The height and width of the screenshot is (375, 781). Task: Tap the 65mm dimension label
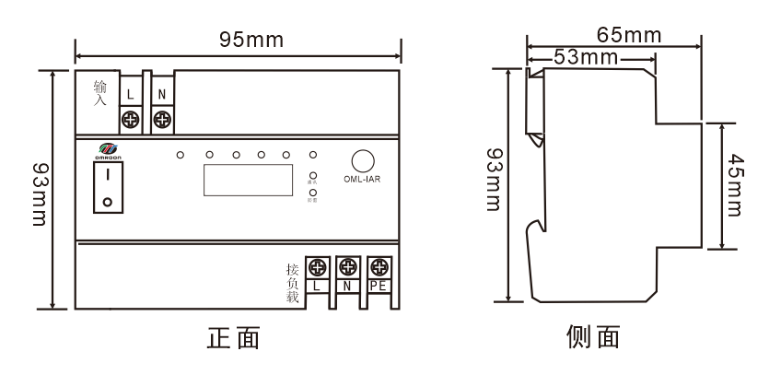point(629,36)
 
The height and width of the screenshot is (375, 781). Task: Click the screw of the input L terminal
point(130,118)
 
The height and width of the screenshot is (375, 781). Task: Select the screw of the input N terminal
point(163,118)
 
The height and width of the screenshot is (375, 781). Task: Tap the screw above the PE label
point(378,268)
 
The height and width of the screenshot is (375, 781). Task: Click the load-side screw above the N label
point(347,268)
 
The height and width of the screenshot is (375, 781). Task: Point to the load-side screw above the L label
point(317,268)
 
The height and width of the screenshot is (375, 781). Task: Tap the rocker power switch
point(108,187)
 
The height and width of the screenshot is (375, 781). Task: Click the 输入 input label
point(100,92)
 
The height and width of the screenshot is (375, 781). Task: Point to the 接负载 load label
point(293,285)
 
